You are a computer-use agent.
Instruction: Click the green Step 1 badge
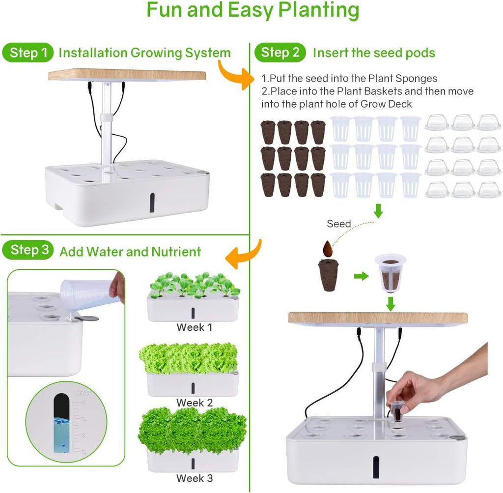(28, 52)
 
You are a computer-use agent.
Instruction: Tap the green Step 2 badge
(279, 52)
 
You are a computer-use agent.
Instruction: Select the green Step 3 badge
(28, 250)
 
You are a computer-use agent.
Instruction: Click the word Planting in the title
(318, 10)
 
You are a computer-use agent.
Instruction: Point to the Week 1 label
(195, 327)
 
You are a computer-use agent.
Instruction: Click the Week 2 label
(195, 403)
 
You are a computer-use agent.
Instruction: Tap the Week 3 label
(195, 478)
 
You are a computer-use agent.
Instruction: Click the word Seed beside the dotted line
(339, 224)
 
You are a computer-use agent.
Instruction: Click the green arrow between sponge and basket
(361, 276)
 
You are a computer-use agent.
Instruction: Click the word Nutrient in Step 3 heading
(176, 252)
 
